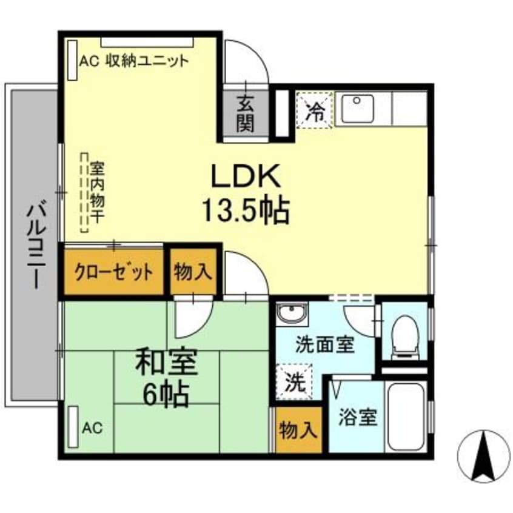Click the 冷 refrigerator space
pyautogui.click(x=315, y=110)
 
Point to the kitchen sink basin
pyautogui.click(x=358, y=109)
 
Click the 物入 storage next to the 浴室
pyautogui.click(x=298, y=431)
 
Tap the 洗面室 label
pyautogui.click(x=324, y=346)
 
